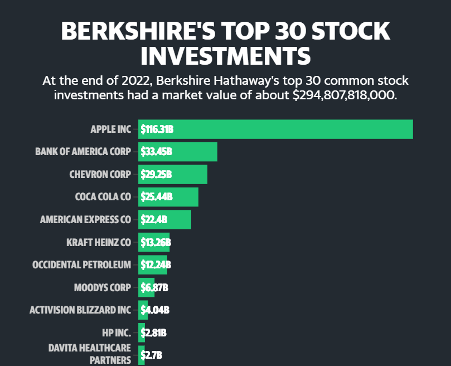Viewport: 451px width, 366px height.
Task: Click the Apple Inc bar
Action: [x=275, y=129]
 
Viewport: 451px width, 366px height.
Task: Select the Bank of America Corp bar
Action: [x=178, y=152]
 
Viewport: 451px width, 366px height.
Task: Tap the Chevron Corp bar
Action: [x=173, y=174]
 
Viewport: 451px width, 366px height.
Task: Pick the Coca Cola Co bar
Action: [x=168, y=197]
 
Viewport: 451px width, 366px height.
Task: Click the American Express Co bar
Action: [x=165, y=220]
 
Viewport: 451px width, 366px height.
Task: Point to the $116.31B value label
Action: [x=157, y=129]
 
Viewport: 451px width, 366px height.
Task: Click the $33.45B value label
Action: [x=157, y=151]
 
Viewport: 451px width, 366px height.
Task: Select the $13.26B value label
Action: [x=156, y=243]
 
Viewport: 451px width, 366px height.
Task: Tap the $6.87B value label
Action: [x=154, y=287]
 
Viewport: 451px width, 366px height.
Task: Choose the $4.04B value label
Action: [x=155, y=310]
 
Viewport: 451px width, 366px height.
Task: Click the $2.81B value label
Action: [x=154, y=333]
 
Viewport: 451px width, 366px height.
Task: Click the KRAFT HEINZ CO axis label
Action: [x=99, y=243]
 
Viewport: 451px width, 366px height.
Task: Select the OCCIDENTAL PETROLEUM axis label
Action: [x=82, y=265]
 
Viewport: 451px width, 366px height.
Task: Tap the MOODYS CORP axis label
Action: [x=103, y=288]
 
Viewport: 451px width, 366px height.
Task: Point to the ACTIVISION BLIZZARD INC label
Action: [x=80, y=310]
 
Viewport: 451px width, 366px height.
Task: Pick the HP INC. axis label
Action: [x=117, y=333]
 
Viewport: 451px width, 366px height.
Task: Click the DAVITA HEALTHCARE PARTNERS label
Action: [x=90, y=354]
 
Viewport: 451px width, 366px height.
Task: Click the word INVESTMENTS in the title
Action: [x=226, y=56]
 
